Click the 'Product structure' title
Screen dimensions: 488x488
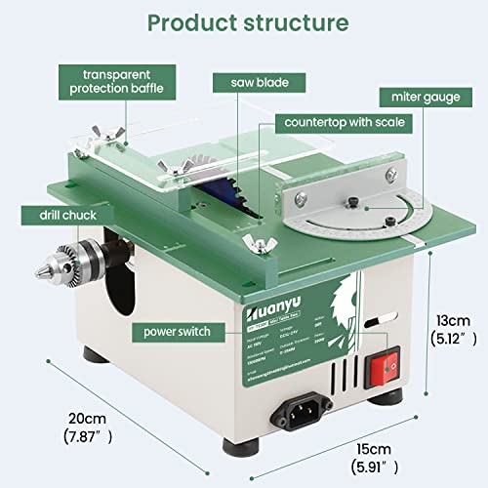tap(244, 21)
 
